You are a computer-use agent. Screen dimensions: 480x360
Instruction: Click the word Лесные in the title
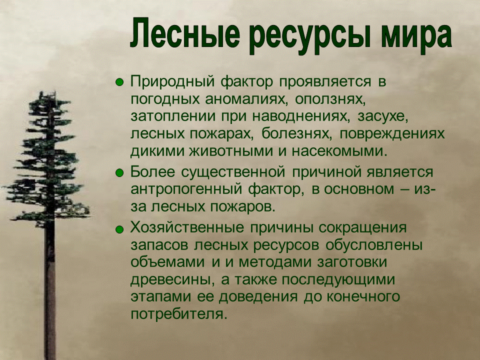point(185,33)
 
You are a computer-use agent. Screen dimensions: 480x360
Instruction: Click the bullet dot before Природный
point(119,82)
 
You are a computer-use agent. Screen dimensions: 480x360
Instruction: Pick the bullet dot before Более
point(119,173)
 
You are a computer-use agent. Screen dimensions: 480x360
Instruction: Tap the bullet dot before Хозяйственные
point(119,229)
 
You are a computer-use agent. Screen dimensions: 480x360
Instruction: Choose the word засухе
point(382,118)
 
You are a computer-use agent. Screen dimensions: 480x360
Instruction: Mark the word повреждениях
point(391,134)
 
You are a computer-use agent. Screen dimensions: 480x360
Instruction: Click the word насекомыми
point(337,151)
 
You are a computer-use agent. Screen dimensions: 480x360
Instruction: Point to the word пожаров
point(243,207)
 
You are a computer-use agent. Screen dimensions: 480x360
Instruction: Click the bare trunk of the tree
point(50,291)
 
